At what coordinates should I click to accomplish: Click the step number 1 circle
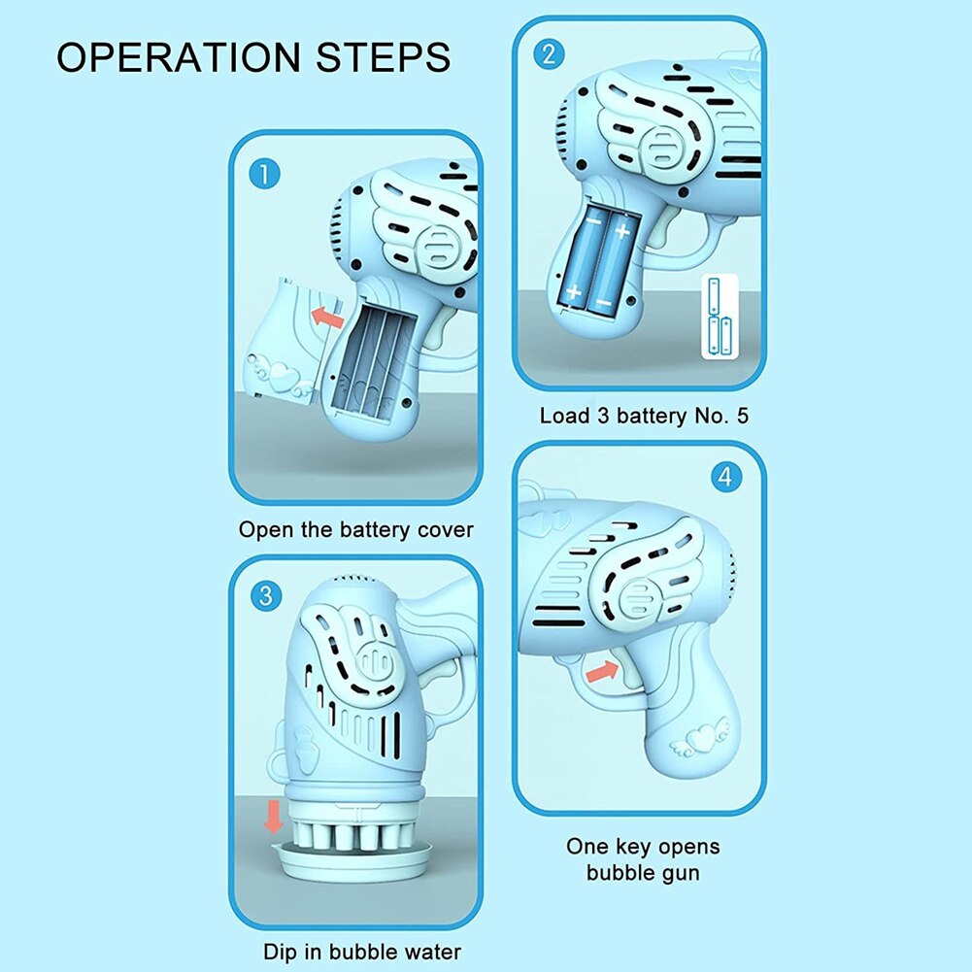point(264,175)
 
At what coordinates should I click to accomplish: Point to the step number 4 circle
point(723,477)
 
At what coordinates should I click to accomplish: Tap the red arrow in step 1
point(329,317)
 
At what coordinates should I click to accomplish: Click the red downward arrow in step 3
point(274,815)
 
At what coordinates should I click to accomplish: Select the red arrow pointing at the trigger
point(601,669)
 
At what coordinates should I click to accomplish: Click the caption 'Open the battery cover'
point(355,530)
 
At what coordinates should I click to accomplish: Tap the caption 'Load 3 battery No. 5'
point(644,417)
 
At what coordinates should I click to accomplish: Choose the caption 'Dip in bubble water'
point(361,952)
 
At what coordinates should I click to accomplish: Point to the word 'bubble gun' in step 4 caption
point(642,872)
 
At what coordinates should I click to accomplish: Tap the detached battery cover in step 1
point(282,340)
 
